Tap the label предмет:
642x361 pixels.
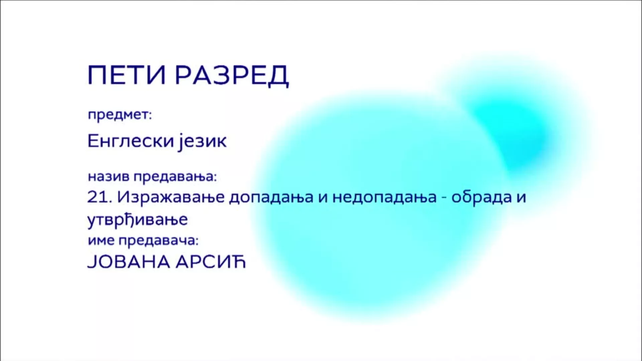[x=120, y=115]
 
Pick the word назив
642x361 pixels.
[x=109, y=176]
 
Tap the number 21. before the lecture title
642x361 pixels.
[x=99, y=197]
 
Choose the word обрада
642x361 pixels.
[x=482, y=197]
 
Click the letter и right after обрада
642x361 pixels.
[x=521, y=198]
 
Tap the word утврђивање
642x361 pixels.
[x=137, y=220]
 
